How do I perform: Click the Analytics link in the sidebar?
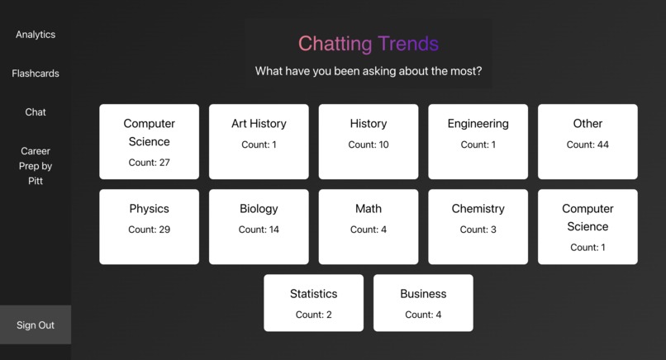tap(36, 35)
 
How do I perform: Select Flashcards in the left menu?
tap(36, 73)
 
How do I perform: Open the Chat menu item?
tap(36, 112)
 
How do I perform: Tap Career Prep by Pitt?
tap(36, 166)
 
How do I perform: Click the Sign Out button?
tap(36, 325)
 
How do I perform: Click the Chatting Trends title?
tap(368, 44)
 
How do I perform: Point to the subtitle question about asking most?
tap(368, 71)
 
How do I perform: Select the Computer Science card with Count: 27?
tap(150, 141)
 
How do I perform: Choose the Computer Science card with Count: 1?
tap(588, 227)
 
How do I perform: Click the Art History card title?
tap(259, 124)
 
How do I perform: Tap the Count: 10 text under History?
tap(369, 145)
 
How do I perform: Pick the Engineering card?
tap(478, 141)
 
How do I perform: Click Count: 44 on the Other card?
tap(588, 145)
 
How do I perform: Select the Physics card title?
tap(150, 209)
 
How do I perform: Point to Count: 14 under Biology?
tap(259, 230)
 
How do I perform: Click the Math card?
tap(369, 227)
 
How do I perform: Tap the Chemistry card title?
tap(478, 209)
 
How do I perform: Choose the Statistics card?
tap(313, 303)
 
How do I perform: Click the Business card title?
tap(423, 294)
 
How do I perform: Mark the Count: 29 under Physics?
tap(150, 230)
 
